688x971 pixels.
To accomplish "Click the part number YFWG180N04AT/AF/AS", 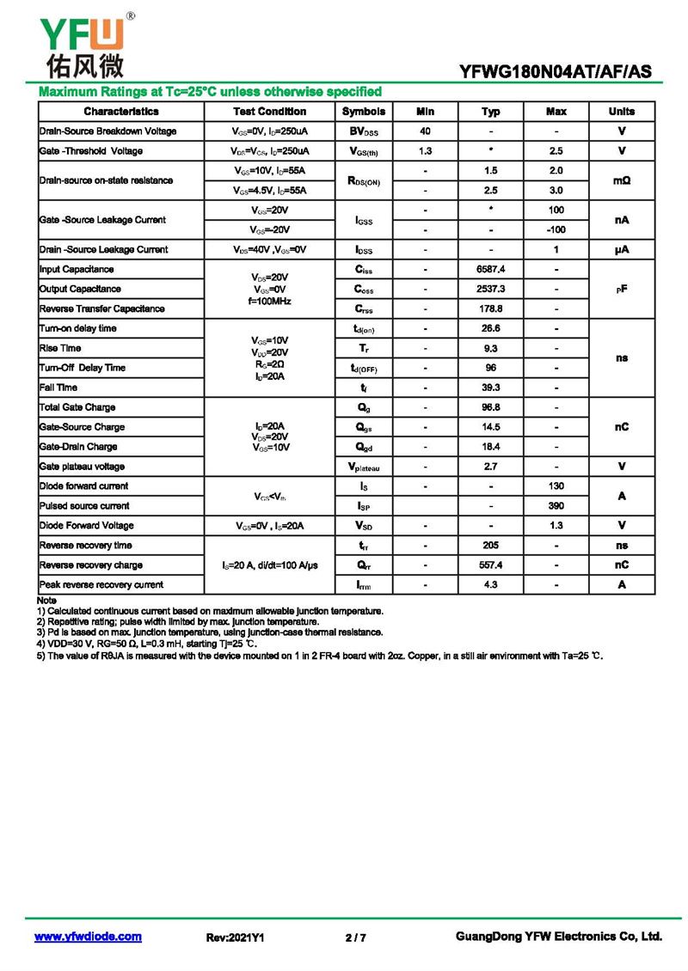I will [x=556, y=72].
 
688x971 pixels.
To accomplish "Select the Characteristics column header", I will [x=121, y=112].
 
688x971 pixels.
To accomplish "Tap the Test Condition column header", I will [x=269, y=112].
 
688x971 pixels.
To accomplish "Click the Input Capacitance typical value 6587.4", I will [x=490, y=269].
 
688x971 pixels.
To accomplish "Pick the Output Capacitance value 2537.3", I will [x=490, y=289].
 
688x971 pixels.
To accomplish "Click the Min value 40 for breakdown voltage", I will [x=425, y=131].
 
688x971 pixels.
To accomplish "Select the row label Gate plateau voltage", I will [x=82, y=467].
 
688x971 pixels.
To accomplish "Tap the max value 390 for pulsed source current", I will [x=556, y=506].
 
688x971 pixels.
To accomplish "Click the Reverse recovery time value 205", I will [x=490, y=546].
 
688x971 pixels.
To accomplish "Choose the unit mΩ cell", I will [x=621, y=180].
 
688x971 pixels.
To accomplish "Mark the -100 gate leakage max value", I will [x=556, y=229].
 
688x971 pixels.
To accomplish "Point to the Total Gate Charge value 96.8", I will [x=490, y=407].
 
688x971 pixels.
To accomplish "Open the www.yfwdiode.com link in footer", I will [x=88, y=937].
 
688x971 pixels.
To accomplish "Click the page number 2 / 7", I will [x=355, y=937].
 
